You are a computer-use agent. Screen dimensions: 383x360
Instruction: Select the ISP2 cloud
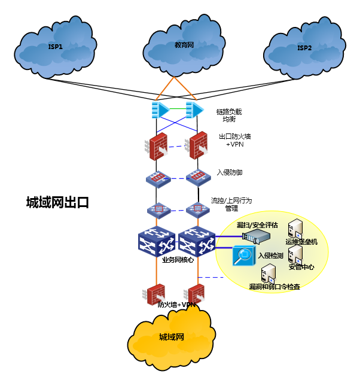pyautogui.click(x=304, y=48)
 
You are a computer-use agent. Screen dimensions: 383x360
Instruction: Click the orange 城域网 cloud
pyautogui.click(x=171, y=338)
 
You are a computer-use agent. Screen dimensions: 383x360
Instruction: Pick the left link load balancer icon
pyautogui.click(x=160, y=110)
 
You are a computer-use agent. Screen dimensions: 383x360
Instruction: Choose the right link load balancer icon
pyautogui.click(x=194, y=110)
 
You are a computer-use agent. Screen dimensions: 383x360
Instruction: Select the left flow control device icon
pyautogui.click(x=158, y=210)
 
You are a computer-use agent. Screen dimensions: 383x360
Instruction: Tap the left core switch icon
pyautogui.click(x=156, y=243)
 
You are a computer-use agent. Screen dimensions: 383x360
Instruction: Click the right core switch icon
pyautogui.click(x=197, y=243)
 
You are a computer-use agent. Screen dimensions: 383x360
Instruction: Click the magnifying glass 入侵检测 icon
pyautogui.click(x=243, y=257)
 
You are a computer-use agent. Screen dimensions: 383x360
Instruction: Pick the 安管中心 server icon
pyautogui.click(x=295, y=255)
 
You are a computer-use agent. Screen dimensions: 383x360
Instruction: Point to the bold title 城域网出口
pyautogui.click(x=57, y=202)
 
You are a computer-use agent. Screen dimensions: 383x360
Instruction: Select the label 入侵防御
pyautogui.click(x=230, y=172)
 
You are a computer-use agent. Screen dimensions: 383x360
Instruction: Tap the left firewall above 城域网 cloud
pyautogui.click(x=156, y=294)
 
